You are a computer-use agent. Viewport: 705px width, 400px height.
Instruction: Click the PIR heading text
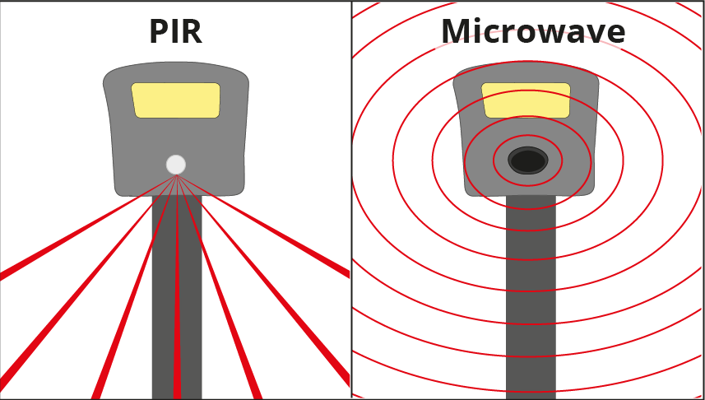(175, 32)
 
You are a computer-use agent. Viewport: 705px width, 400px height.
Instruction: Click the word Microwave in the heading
(532, 32)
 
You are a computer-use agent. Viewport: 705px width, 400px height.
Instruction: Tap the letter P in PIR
(158, 32)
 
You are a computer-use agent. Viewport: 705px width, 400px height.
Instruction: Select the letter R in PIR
(191, 32)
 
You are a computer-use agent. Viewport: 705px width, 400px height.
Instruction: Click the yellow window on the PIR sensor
(176, 100)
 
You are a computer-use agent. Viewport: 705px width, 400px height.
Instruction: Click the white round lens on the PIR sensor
(176, 165)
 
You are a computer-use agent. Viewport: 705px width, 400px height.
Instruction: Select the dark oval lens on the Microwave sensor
(528, 160)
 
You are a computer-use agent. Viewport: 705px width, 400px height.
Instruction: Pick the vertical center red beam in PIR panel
(177, 329)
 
